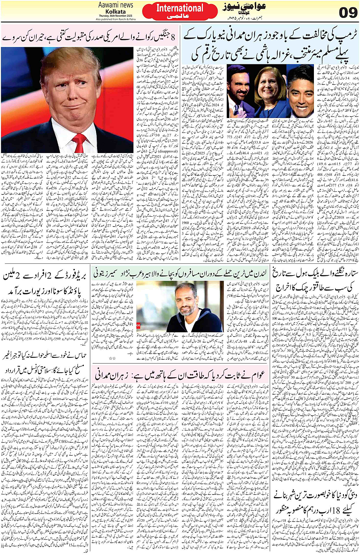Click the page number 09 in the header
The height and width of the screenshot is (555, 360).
click(348, 12)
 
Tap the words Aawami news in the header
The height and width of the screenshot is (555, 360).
click(116, 5)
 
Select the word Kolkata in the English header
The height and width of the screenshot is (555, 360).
click(116, 11)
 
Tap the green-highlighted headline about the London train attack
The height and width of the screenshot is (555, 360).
click(181, 274)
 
